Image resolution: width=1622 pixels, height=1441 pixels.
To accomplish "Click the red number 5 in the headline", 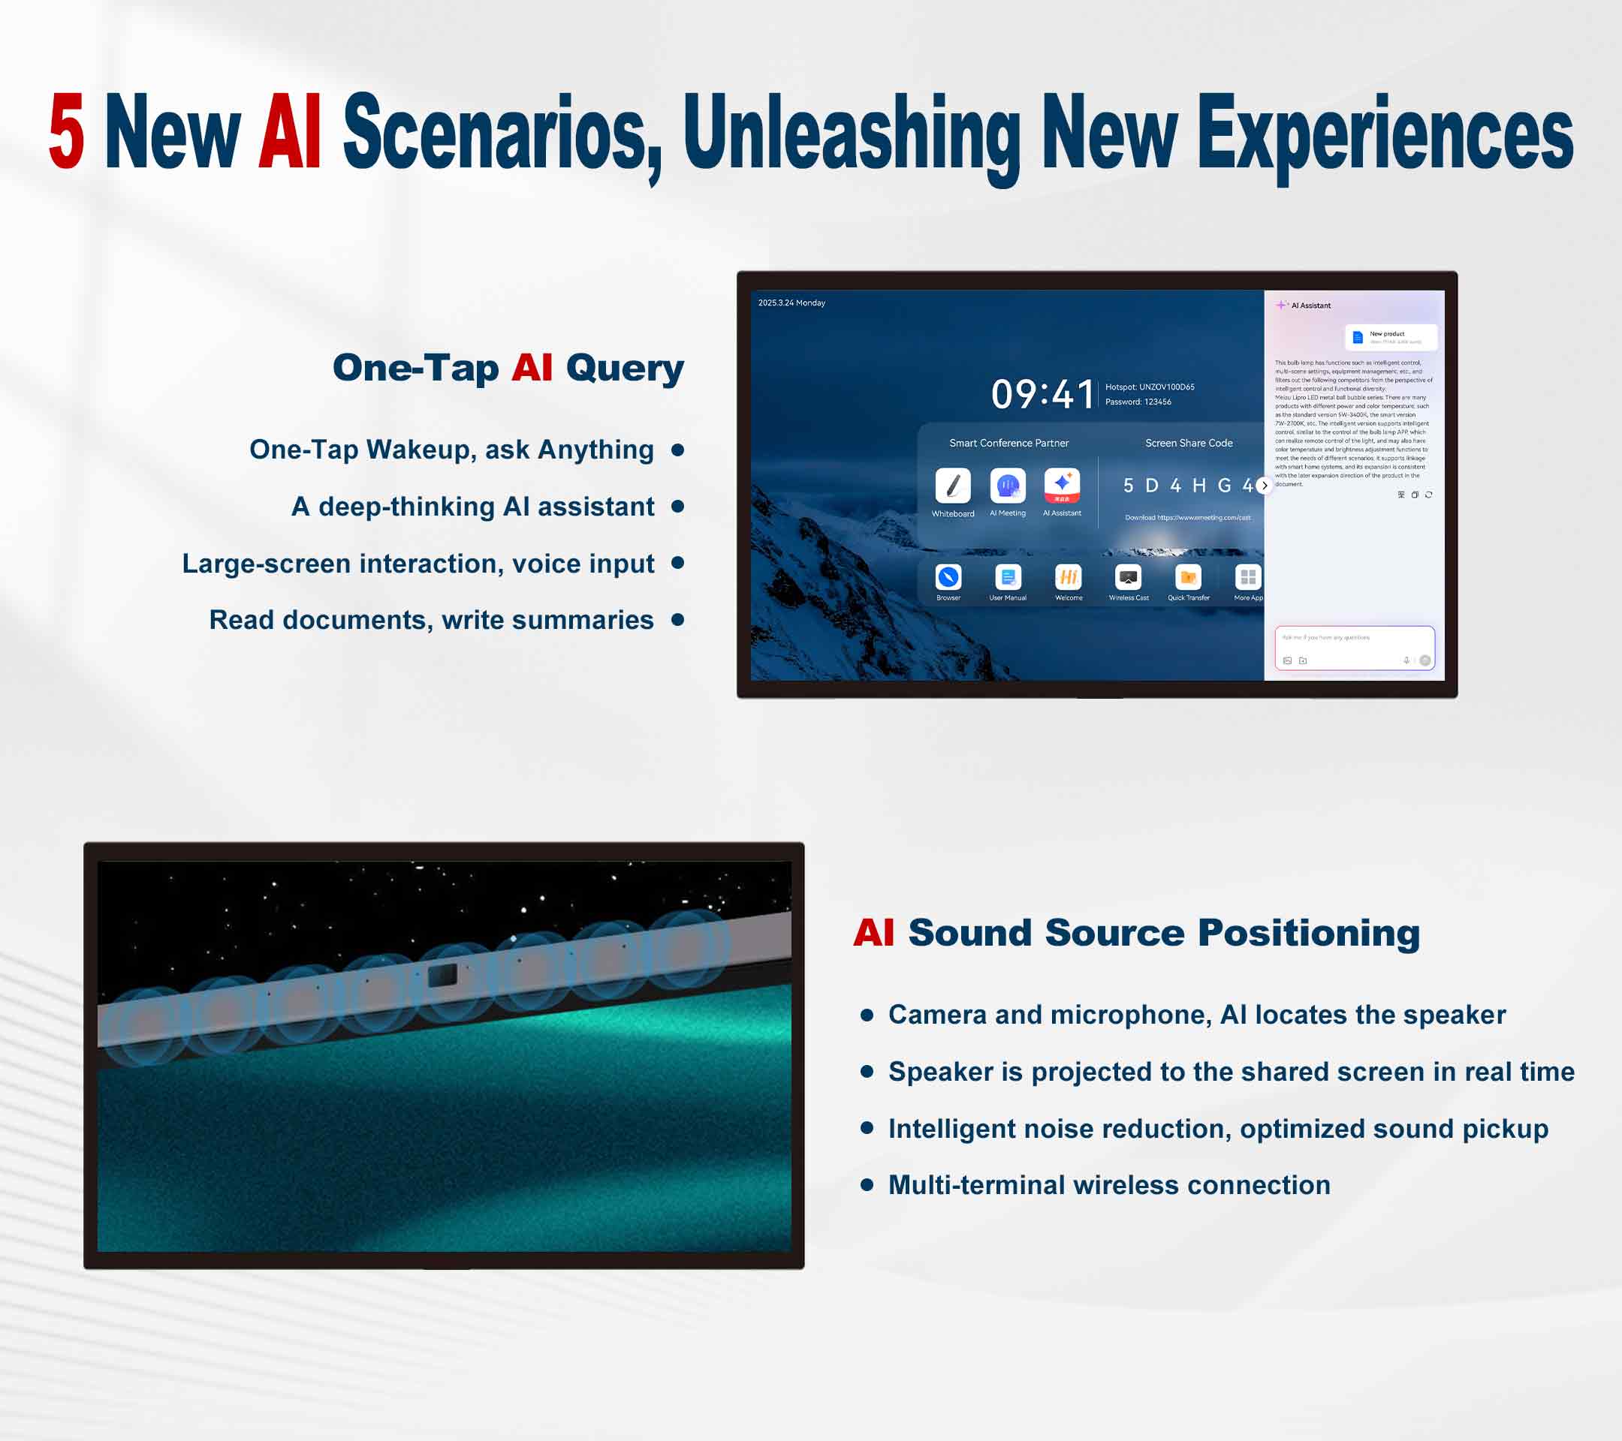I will click(x=67, y=131).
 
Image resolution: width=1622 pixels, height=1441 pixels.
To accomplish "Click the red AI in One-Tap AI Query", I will click(x=532, y=368).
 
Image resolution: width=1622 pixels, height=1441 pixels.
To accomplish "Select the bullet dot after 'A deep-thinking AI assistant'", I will click(x=677, y=506).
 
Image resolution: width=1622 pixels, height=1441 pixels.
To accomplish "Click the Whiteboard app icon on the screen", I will click(x=952, y=486).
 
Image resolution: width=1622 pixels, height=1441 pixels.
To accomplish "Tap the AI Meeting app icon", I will click(x=1007, y=486).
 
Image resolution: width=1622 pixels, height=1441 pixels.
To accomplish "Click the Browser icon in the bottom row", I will click(x=948, y=576).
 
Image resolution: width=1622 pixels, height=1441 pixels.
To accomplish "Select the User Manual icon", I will click(x=1008, y=576).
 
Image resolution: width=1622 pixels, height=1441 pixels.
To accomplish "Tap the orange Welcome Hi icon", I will click(x=1068, y=576).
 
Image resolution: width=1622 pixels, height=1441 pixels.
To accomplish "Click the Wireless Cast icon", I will click(x=1128, y=576).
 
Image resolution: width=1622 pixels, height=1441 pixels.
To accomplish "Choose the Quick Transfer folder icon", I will click(x=1188, y=576).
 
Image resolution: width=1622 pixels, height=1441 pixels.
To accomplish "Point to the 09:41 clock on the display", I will click(x=1042, y=394).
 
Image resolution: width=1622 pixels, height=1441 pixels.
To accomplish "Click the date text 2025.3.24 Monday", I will click(x=791, y=303).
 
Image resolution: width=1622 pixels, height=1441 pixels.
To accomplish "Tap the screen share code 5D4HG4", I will click(x=1186, y=486).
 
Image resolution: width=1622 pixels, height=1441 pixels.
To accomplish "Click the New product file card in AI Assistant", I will click(x=1390, y=337).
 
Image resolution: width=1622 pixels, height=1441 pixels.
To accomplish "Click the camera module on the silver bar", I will click(x=443, y=975).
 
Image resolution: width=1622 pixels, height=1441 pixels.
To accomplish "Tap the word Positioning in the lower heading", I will click(x=1309, y=933).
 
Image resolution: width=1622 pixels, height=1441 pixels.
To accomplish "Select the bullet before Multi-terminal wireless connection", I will click(x=867, y=1185).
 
